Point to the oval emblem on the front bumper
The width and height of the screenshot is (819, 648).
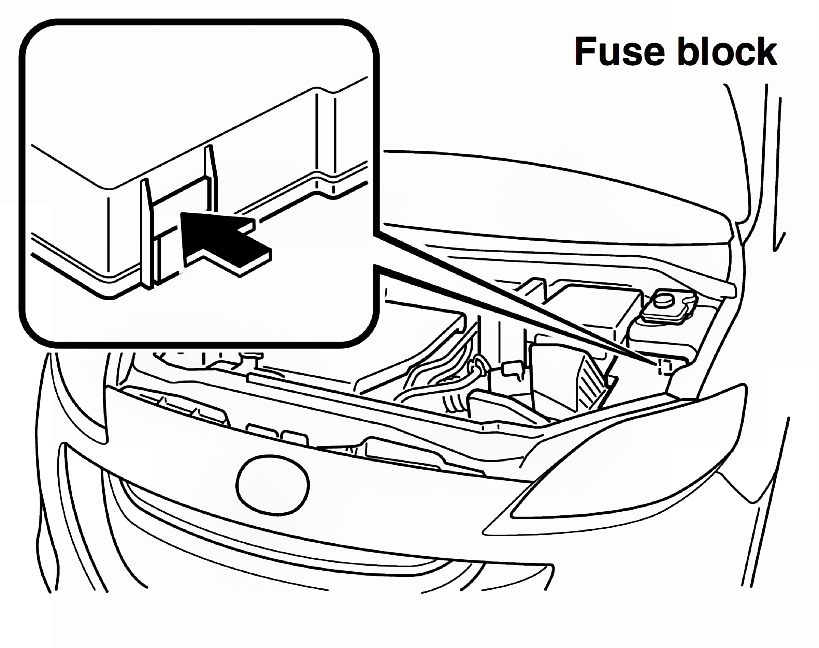[273, 485]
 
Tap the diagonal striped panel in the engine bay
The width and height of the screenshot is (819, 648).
[591, 383]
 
